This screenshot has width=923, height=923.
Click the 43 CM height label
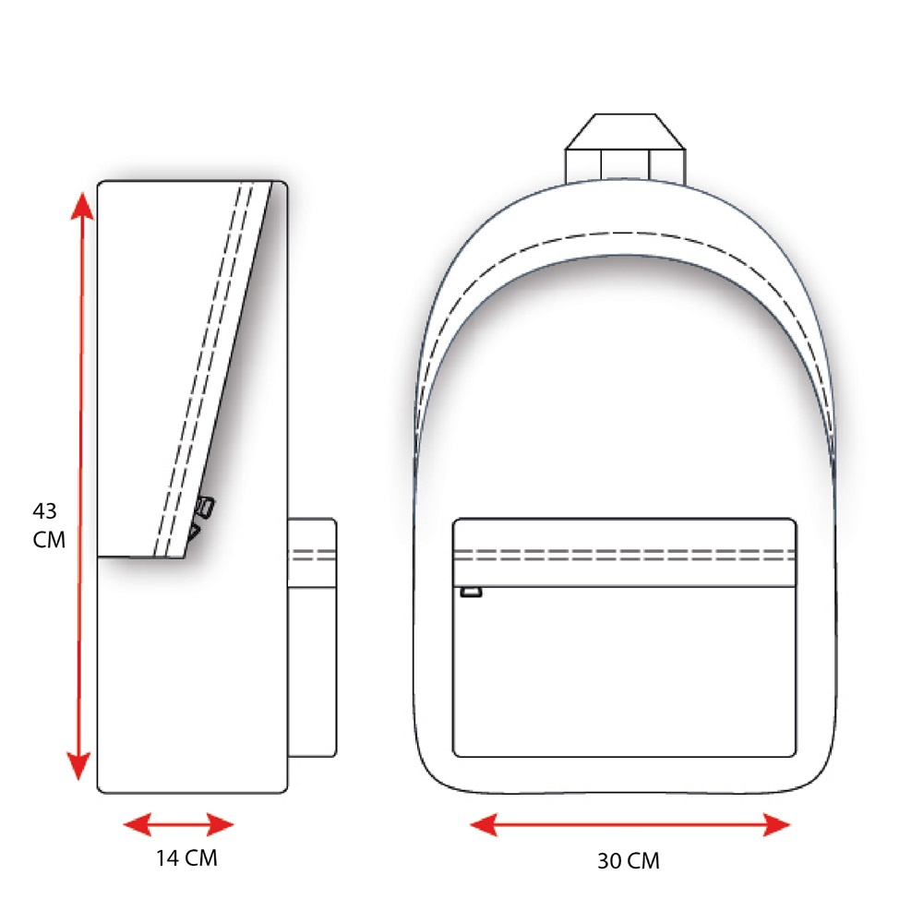[x=48, y=525]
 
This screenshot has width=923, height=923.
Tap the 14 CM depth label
[x=186, y=857]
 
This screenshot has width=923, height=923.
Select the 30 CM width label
[x=628, y=860]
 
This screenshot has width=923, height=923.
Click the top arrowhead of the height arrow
[x=82, y=206]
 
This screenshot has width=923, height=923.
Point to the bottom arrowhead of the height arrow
[x=78, y=766]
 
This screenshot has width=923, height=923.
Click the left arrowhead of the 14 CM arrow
[x=137, y=824]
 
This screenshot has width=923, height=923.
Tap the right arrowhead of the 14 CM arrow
[x=221, y=824]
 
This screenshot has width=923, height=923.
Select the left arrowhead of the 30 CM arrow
[x=484, y=824]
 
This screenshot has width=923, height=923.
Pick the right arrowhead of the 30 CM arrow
[x=776, y=824]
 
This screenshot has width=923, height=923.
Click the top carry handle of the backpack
[x=625, y=147]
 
